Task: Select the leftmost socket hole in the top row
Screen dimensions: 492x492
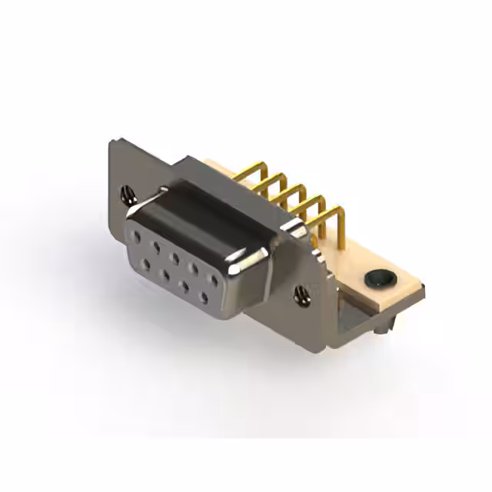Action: [x=137, y=232]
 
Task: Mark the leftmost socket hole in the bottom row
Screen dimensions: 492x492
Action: [x=146, y=263]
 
